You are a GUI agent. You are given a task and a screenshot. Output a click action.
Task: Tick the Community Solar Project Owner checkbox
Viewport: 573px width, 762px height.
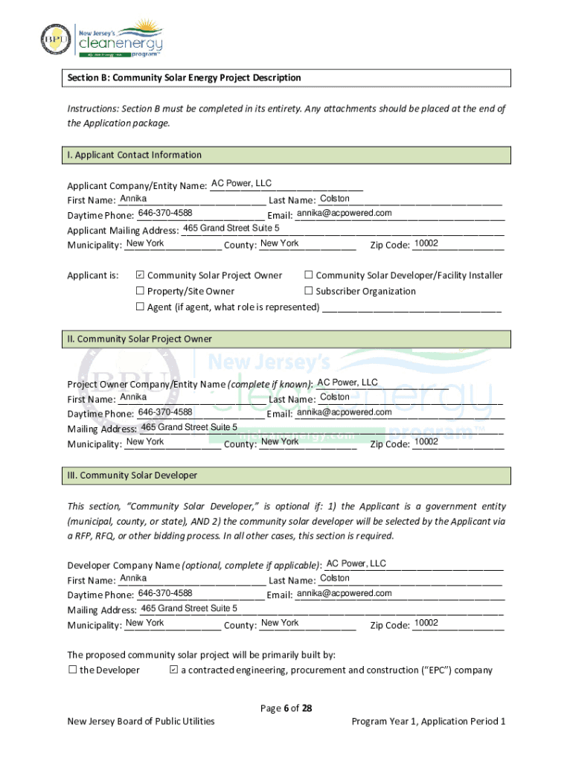tap(139, 275)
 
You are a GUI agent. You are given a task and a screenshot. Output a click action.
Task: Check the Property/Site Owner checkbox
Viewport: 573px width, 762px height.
tap(139, 291)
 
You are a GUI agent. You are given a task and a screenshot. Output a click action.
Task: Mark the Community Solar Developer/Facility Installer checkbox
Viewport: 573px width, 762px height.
tap(308, 275)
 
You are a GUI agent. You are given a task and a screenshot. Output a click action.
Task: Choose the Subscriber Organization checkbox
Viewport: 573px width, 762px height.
tap(308, 291)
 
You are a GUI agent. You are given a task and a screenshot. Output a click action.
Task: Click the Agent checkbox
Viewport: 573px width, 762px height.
tap(139, 307)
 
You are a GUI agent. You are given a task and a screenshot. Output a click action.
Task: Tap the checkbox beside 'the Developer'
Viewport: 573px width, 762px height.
tap(73, 670)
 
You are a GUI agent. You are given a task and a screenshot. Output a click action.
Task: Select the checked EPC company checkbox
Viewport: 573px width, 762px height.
tap(173, 670)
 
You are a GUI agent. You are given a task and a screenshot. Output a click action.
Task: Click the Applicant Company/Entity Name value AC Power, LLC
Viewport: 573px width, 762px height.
tap(241, 183)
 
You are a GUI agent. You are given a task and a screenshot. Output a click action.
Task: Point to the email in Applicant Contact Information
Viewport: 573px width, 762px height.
tap(344, 214)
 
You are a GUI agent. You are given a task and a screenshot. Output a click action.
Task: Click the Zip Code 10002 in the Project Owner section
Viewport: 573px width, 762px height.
tap(426, 442)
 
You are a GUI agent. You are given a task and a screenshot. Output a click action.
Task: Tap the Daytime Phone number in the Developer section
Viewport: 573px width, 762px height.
tap(165, 593)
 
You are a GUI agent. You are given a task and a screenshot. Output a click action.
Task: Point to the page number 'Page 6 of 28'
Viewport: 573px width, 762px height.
tap(286, 708)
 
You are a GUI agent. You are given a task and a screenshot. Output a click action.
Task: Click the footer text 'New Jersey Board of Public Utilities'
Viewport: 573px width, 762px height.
tap(141, 721)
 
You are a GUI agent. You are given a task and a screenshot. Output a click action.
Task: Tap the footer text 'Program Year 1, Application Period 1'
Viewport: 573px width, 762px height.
tap(428, 721)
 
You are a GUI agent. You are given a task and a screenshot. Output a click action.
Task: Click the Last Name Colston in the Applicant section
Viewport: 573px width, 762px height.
tap(334, 199)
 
